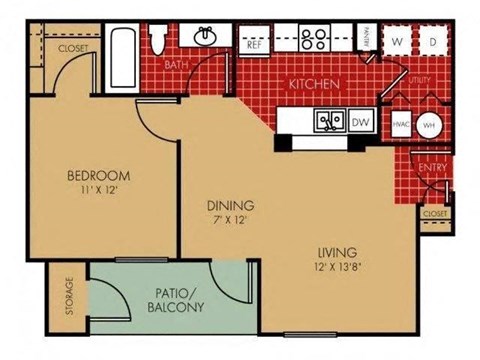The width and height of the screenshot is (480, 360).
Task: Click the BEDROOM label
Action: click(98, 176)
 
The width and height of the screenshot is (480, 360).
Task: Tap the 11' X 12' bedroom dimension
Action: click(98, 192)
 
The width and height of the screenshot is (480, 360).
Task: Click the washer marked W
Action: click(398, 43)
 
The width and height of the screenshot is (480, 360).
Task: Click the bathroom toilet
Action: click(157, 38)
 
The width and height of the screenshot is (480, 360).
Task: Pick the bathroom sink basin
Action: click(207, 37)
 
